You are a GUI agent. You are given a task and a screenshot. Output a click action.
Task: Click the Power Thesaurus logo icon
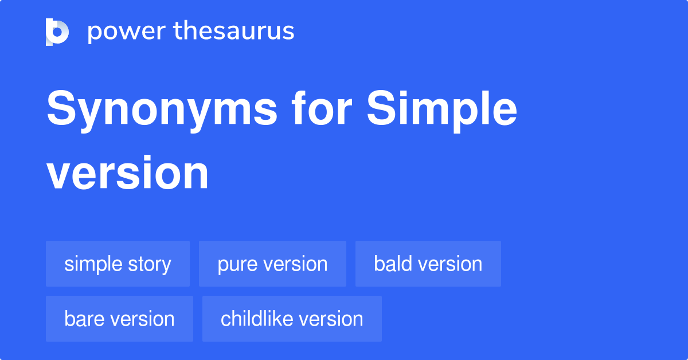pos(57,32)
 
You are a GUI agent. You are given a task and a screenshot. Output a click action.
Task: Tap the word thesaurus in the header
pos(234,32)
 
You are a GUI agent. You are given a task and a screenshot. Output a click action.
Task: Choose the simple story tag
pos(118,264)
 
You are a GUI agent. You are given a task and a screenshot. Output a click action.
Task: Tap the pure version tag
pos(272,264)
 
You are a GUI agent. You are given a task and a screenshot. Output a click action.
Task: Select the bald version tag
pos(428,264)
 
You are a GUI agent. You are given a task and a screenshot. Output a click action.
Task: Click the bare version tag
pos(119,319)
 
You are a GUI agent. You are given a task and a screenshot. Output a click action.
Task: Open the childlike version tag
pos(292,319)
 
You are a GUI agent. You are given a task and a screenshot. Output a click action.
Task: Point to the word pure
pos(237,264)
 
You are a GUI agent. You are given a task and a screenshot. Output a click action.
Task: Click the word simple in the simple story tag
pos(93,264)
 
